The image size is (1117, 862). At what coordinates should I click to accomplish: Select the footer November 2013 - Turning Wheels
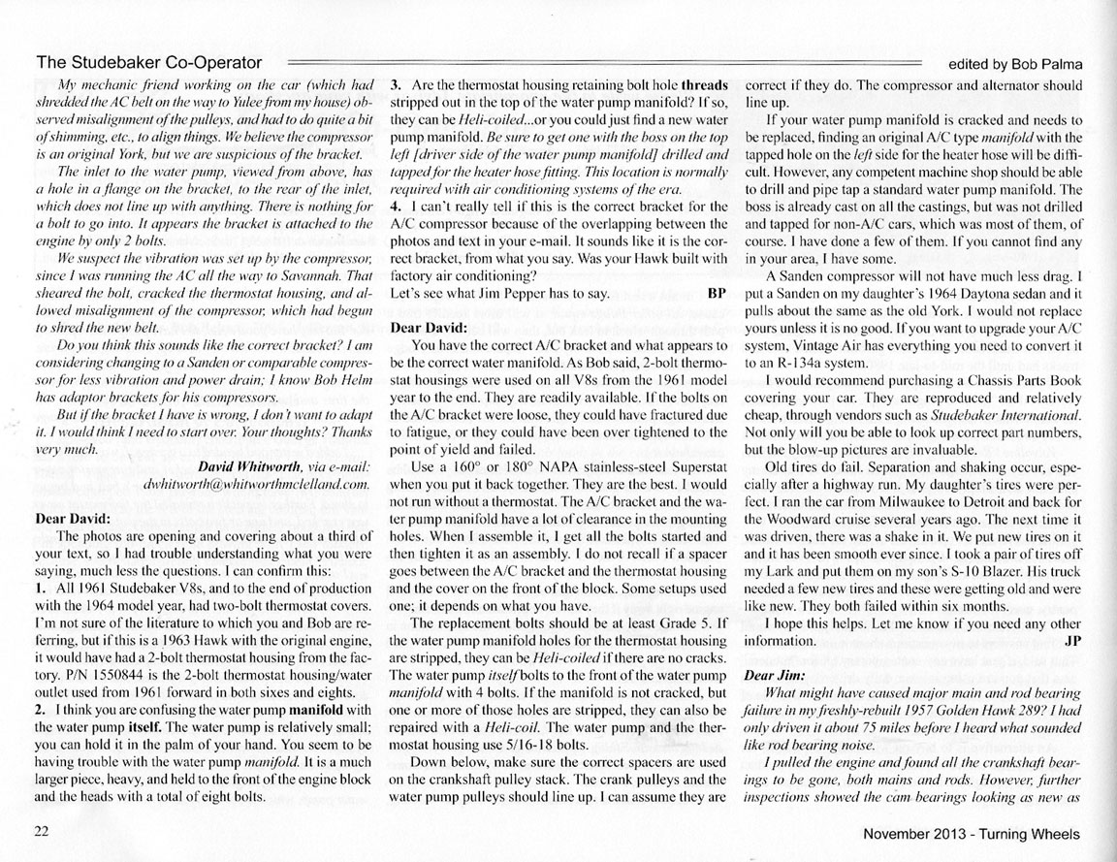(x=973, y=834)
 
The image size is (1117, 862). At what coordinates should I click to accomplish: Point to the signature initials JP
(x=1071, y=641)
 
